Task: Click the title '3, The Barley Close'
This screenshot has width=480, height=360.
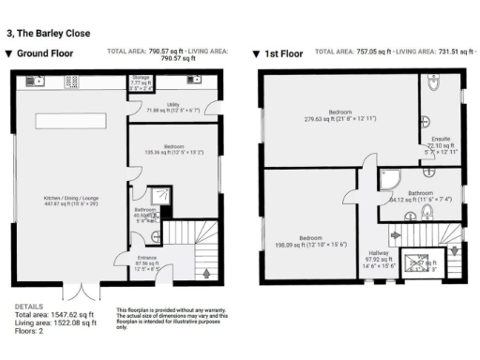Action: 48,33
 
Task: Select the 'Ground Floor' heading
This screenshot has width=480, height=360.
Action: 46,54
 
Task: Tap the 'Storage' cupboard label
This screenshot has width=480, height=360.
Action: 141,81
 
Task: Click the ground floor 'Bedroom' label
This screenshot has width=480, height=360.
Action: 174,147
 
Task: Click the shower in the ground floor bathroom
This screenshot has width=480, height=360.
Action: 162,196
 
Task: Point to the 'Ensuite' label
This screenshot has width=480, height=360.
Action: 439,141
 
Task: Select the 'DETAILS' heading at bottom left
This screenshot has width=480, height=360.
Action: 29,307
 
